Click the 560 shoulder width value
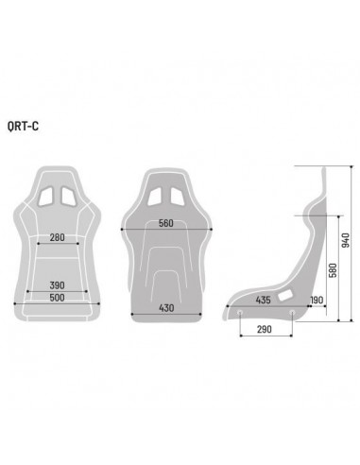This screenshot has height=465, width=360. tap(166, 224)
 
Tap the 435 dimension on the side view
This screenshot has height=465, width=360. tap(265, 299)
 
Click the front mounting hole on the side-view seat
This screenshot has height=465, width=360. tap(241, 314)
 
